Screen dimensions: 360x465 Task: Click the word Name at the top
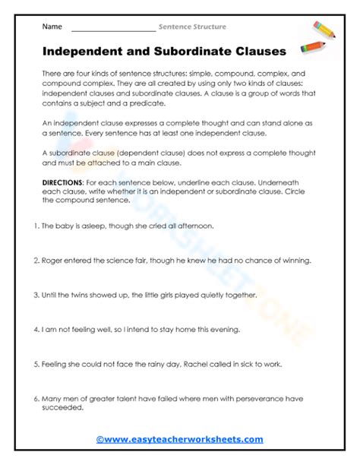point(52,27)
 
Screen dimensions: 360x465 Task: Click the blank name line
point(112,29)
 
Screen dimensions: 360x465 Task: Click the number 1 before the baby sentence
point(37,226)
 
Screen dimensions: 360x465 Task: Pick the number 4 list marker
point(37,331)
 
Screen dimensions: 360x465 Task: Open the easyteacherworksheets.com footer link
point(179,439)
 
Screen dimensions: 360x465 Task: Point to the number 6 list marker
point(37,399)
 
